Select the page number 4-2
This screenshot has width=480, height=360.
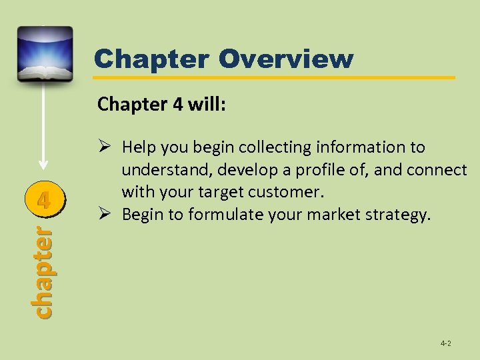pyautogui.click(x=446, y=343)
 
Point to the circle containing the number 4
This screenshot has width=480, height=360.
pyautogui.click(x=43, y=199)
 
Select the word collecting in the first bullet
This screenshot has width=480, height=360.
pyautogui.click(x=269, y=147)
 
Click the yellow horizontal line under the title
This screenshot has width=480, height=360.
pyautogui.click(x=273, y=78)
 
